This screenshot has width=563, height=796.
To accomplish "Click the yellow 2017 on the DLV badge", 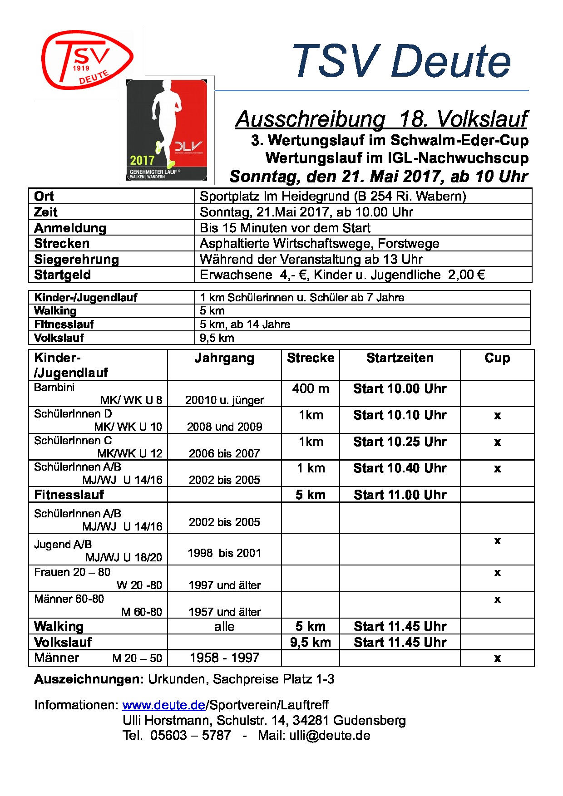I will [142, 160].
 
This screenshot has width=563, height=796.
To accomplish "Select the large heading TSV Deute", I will [401, 61].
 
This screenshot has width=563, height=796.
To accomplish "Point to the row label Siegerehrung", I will [76, 259].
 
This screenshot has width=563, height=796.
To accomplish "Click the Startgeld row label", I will [63, 275].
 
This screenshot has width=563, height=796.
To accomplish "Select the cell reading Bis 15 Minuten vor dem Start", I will [285, 228].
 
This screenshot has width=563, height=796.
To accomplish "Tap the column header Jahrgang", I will [224, 358].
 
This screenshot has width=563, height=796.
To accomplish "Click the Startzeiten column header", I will [400, 358].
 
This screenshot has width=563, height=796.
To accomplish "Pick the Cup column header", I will [497, 358].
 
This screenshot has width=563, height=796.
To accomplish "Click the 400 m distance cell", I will [311, 389].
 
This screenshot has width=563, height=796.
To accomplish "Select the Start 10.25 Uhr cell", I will [400, 442].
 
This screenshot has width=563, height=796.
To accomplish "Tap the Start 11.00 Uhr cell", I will [400, 495].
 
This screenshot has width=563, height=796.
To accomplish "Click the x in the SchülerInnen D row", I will [497, 416].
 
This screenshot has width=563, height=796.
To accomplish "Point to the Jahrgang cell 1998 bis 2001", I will [224, 553].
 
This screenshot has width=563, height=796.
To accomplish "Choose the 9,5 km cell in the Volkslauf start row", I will [311, 642].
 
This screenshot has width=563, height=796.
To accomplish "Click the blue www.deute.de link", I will [163, 705].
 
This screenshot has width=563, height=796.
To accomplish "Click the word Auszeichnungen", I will [89, 679].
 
